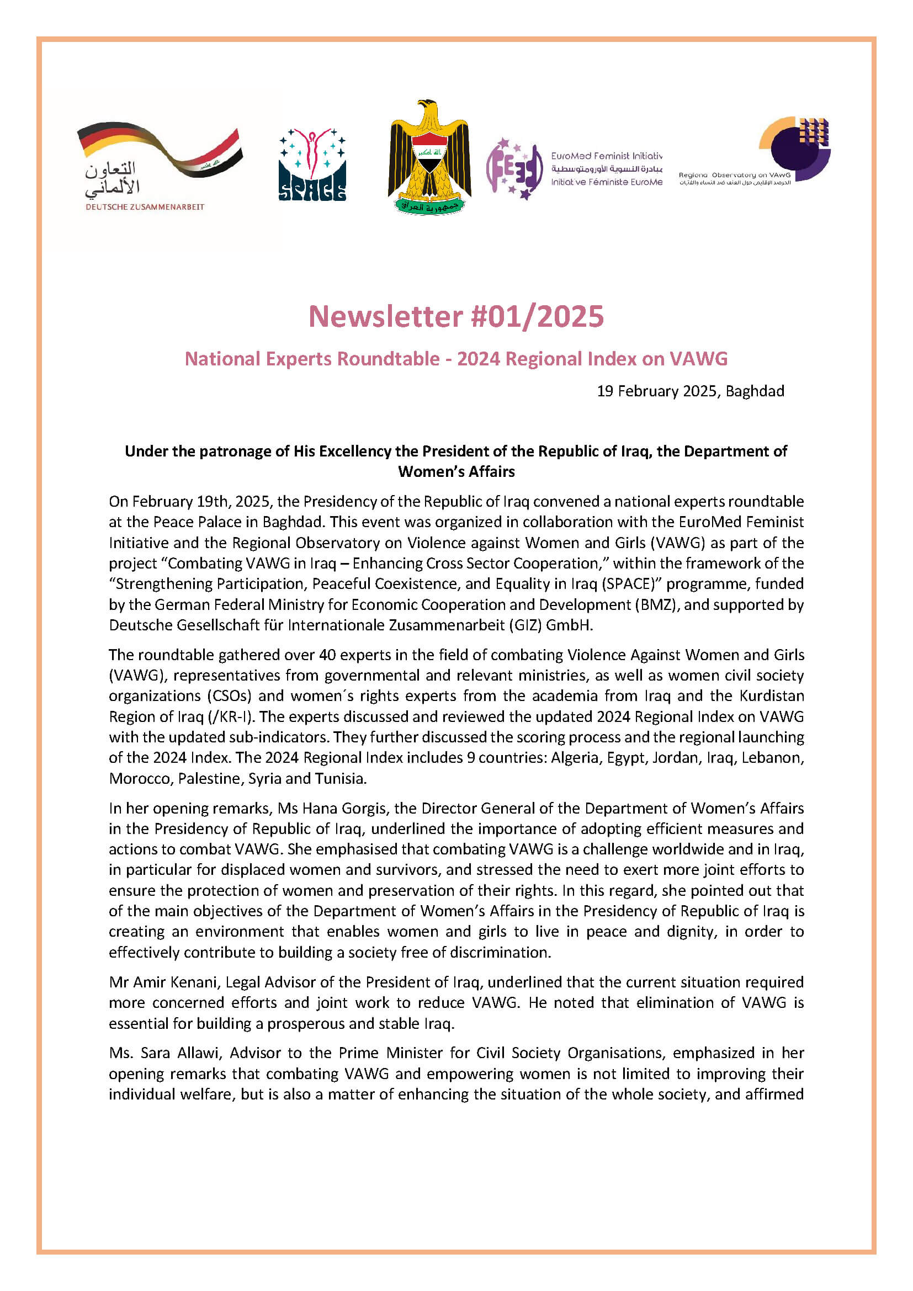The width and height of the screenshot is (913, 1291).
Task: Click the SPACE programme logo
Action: tap(312, 164)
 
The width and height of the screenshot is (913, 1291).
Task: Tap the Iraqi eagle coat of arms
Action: tap(429, 157)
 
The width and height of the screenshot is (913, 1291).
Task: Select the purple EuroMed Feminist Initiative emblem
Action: tap(514, 169)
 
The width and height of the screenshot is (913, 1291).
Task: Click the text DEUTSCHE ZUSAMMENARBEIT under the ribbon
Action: tap(145, 207)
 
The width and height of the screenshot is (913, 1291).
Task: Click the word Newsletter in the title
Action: tap(385, 317)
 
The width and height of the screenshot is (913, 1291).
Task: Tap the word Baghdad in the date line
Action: tap(755, 391)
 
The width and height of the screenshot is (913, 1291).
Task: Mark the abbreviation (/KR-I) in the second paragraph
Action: tap(230, 717)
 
